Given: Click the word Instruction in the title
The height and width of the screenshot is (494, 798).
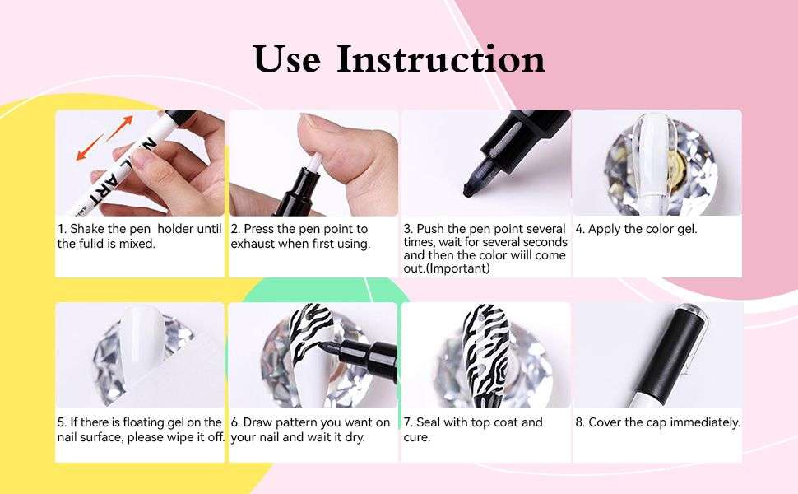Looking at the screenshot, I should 442,59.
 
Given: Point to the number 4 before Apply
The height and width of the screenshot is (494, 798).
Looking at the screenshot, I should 579,229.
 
